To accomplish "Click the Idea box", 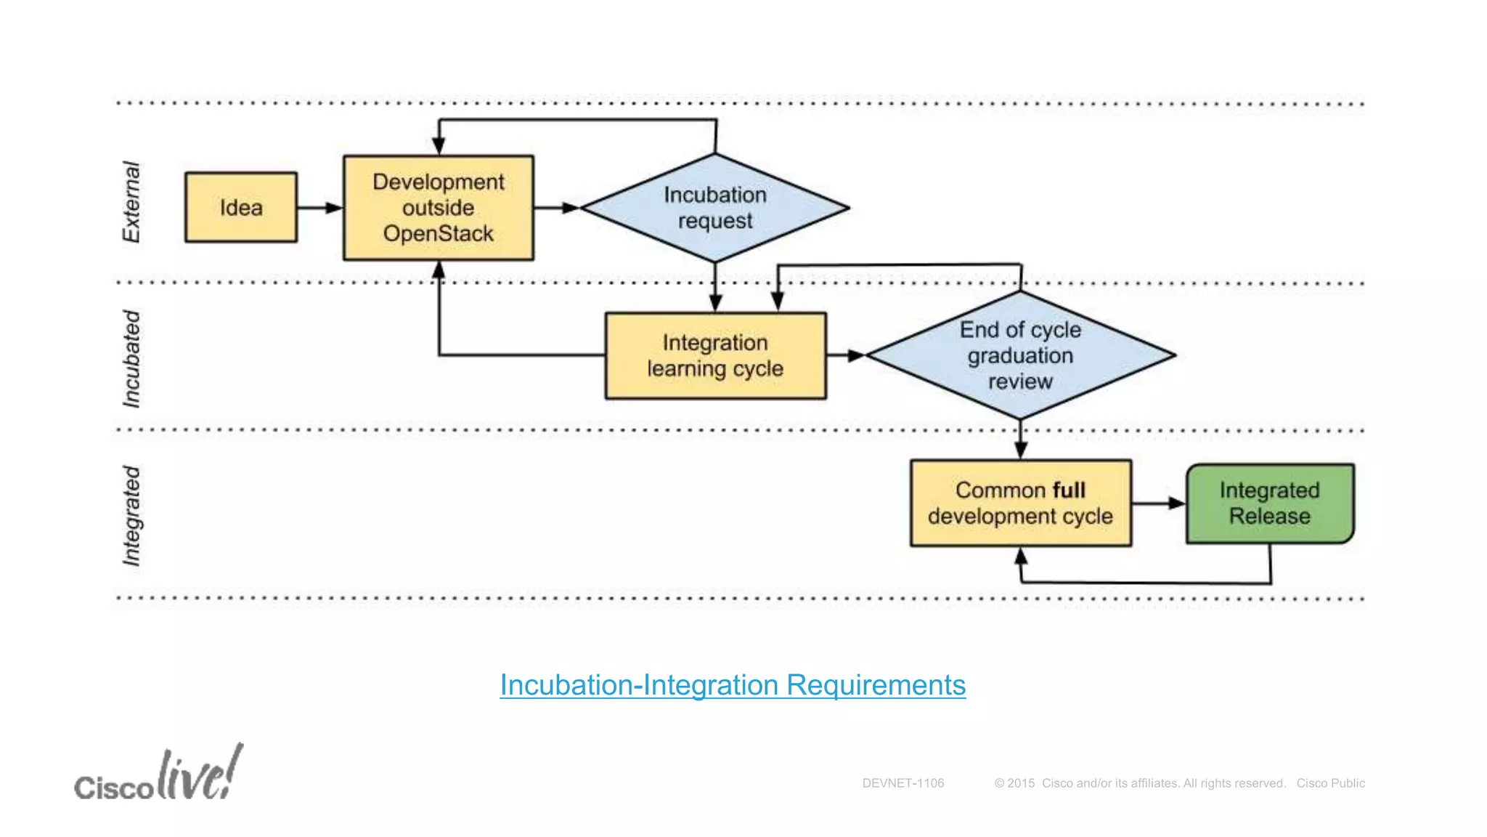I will pos(240,207).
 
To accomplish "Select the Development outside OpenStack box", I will pos(438,208).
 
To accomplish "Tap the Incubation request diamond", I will pos(714,208).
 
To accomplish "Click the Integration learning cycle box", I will pos(715,355).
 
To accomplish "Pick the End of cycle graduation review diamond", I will pos(1020,355).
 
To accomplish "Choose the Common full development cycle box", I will pos(1020,503).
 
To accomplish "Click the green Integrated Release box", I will pos(1269,503).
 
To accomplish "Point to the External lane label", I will pos(131,202).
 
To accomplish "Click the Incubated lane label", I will pos(131,358).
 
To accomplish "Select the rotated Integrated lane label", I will pos(131,515).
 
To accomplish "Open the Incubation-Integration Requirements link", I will pos(732,685).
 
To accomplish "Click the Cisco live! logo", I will pos(159,775).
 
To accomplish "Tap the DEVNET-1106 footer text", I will pos(903,783).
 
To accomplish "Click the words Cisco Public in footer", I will pos(1330,783).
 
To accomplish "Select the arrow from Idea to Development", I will pos(319,208).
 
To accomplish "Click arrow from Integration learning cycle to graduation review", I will pos(845,355).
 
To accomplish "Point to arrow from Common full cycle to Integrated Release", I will pos(1158,503).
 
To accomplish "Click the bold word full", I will pos(1069,490).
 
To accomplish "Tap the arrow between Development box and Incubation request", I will pos(556,208).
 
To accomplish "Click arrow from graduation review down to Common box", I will pos(1020,439).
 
